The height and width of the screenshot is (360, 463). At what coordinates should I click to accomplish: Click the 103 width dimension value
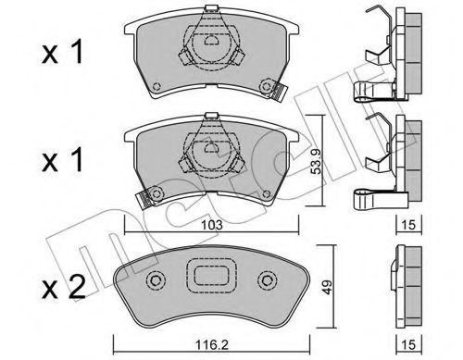[x=212, y=225]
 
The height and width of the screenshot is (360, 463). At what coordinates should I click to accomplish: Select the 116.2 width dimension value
[x=212, y=344]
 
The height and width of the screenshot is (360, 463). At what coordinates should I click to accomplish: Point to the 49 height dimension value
[x=327, y=287]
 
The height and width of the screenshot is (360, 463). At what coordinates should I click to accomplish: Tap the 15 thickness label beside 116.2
[x=409, y=344]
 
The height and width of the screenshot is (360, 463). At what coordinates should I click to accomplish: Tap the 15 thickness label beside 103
[x=409, y=225]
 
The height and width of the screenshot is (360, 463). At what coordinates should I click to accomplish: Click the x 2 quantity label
[x=64, y=287]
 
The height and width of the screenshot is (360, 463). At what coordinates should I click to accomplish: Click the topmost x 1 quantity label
[x=63, y=52]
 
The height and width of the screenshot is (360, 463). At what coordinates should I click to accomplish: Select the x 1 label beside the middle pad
[x=63, y=159]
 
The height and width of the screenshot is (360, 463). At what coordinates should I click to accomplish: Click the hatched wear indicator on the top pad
[x=280, y=93]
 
